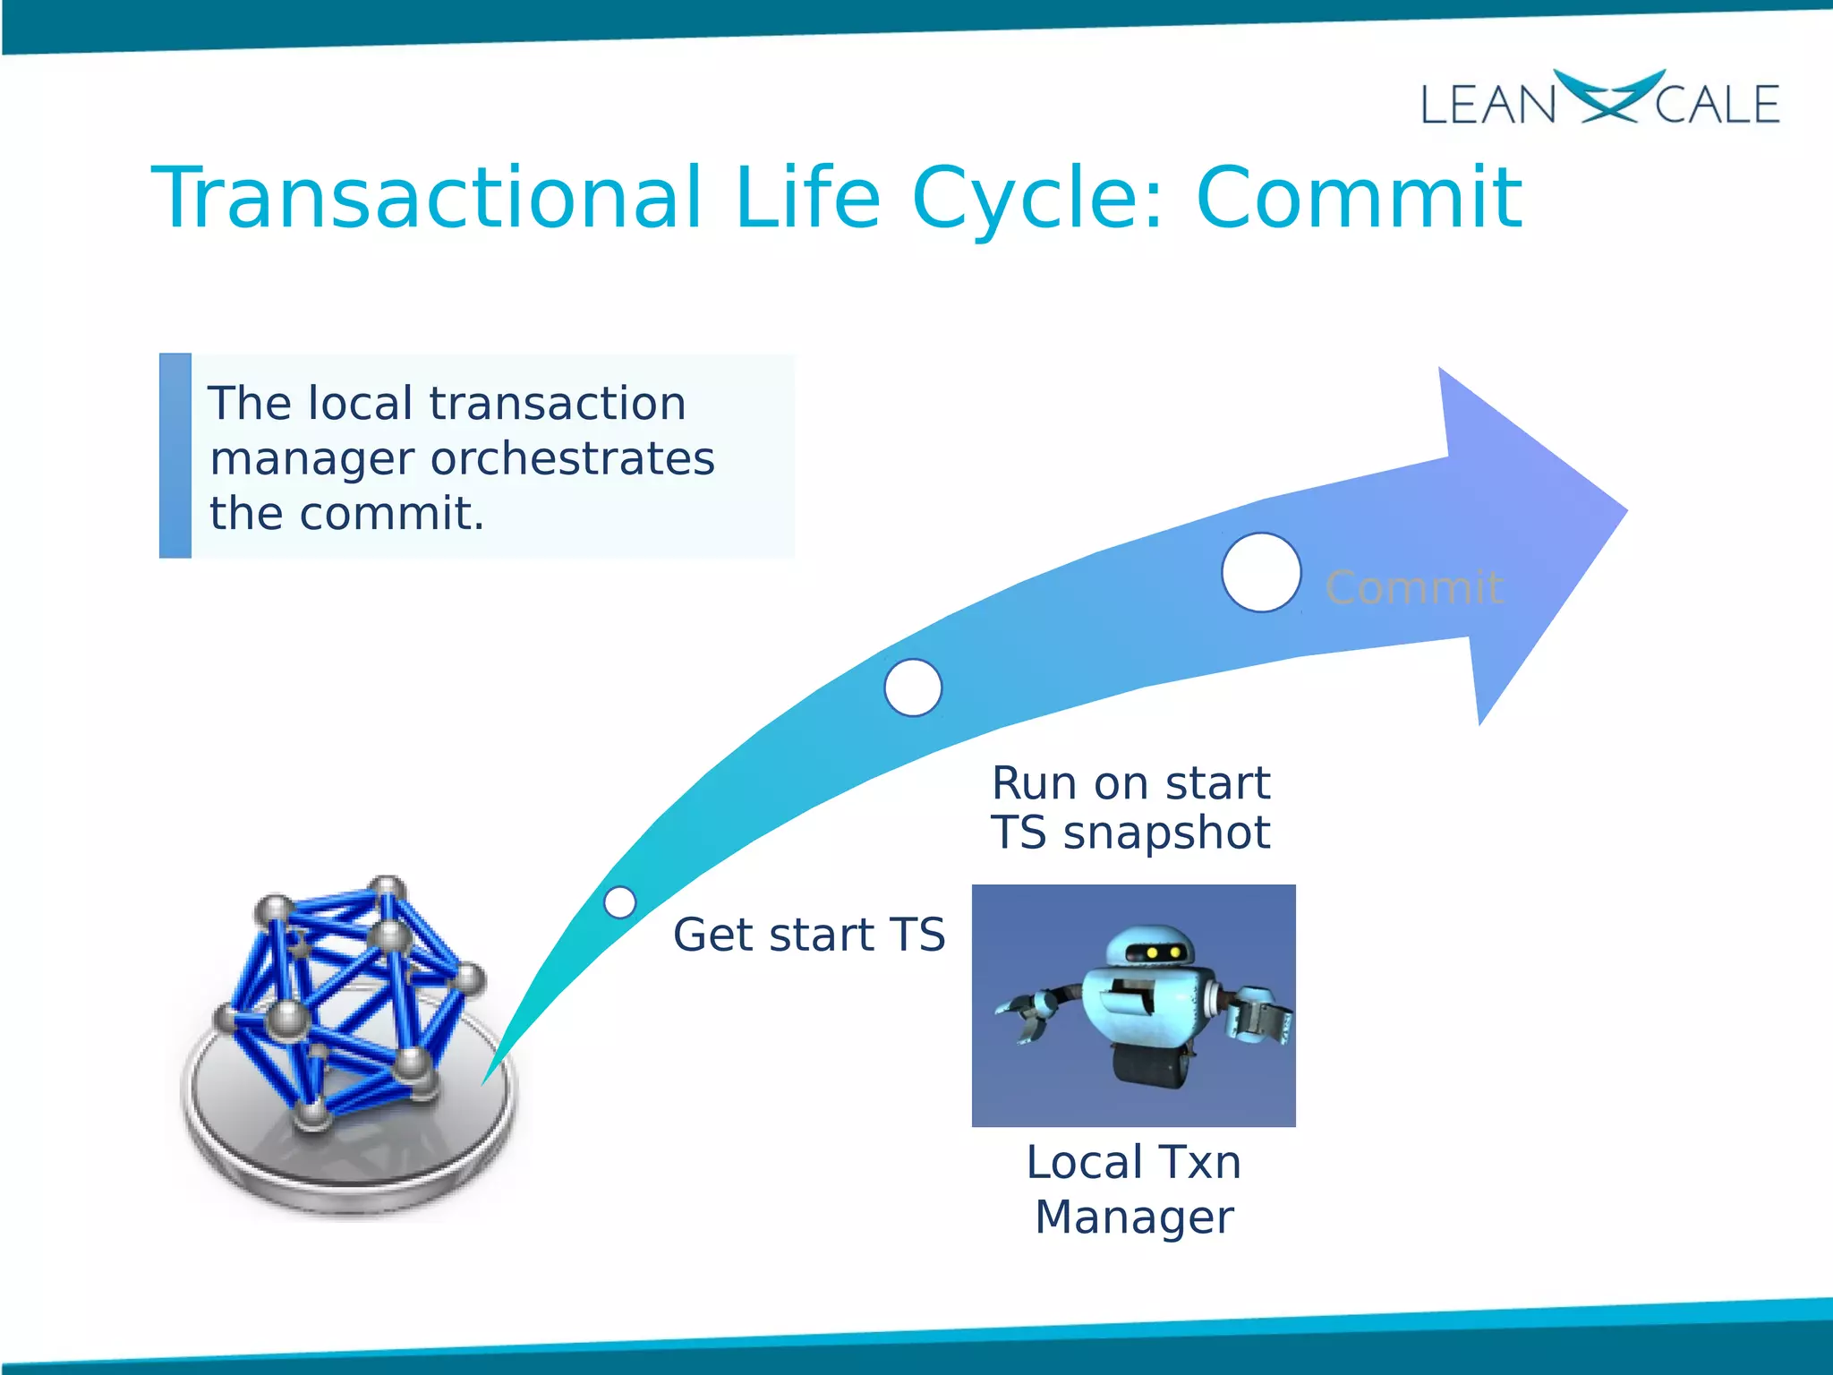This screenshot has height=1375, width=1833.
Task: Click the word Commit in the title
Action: point(1358,199)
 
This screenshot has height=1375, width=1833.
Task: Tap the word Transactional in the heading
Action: point(428,199)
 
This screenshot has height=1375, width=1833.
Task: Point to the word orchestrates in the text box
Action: point(573,459)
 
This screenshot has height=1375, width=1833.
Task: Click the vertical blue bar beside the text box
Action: point(175,456)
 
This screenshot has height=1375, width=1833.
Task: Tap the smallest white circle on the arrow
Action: point(619,902)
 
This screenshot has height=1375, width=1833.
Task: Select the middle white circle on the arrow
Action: point(912,687)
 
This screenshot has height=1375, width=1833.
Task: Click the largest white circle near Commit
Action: point(1260,573)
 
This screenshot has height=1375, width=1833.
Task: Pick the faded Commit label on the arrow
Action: point(1413,588)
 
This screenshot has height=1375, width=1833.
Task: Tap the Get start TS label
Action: point(808,935)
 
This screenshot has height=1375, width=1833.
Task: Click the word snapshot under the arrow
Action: point(1166,833)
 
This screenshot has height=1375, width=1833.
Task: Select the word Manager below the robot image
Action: point(1134,1217)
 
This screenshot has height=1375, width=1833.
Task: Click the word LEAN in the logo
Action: point(1488,105)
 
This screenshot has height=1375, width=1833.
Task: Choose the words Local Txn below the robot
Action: point(1134,1163)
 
